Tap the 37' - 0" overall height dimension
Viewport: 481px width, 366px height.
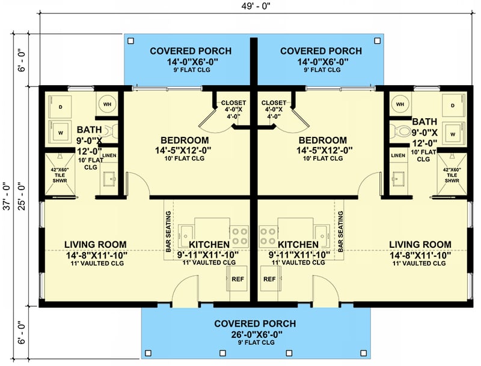(x=7, y=196)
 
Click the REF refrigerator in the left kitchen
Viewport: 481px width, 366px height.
(x=236, y=280)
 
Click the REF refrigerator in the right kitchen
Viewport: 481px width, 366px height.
(x=269, y=280)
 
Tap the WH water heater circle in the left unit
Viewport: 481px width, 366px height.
(x=107, y=104)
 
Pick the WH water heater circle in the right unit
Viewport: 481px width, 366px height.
(x=400, y=104)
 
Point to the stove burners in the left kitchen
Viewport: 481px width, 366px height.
(x=240, y=236)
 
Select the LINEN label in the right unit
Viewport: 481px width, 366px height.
(x=398, y=156)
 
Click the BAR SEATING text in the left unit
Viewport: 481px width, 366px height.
(x=168, y=231)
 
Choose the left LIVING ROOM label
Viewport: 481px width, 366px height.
(x=95, y=244)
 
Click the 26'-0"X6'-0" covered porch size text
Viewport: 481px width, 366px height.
(x=254, y=334)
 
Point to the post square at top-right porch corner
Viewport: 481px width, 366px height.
(x=377, y=41)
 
